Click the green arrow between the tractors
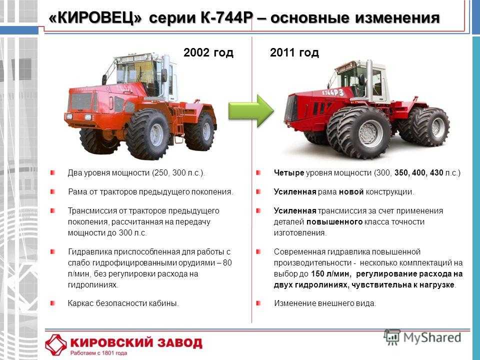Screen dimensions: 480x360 coord(251,111)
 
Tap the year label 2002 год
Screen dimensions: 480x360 coord(208,52)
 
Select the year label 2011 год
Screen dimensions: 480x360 coord(294,52)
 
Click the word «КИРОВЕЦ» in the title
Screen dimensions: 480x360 coord(95,18)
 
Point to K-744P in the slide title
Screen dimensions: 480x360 coord(225,18)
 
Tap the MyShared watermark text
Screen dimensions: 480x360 coord(432,337)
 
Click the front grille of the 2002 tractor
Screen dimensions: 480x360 coord(81,101)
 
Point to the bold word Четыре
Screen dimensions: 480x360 coord(288,173)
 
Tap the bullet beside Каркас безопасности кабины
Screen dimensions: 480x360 coord(52,303)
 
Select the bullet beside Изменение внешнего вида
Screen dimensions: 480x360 coord(258,303)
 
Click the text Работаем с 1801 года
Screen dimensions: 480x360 coord(98,353)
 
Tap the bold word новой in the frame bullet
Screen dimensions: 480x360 coord(351,192)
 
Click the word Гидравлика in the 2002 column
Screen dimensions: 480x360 coord(90,252)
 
